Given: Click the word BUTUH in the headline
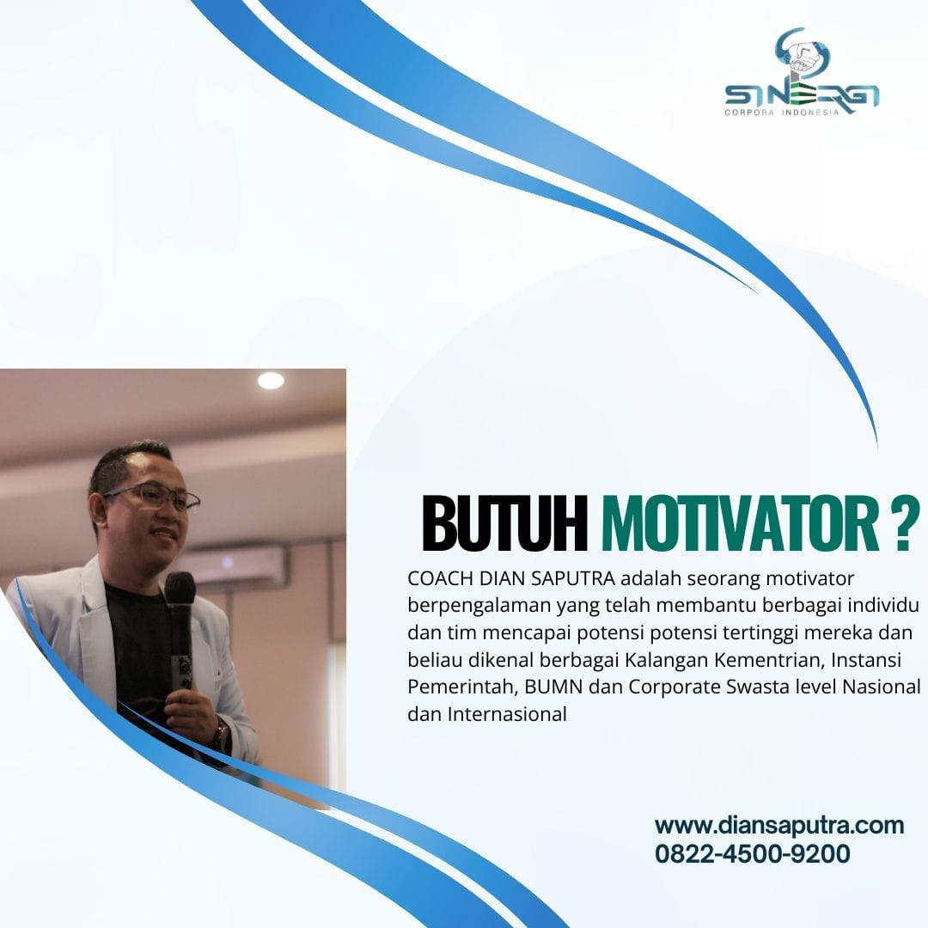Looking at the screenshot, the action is point(504,524).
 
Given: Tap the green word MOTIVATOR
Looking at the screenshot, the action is point(741,524).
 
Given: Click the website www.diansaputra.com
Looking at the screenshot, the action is point(778,825).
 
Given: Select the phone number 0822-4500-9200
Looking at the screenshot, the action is point(752,853).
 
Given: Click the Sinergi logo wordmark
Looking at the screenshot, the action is point(802,95).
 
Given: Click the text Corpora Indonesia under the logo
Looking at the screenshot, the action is point(782,113).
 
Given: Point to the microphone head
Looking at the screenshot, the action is point(180,588).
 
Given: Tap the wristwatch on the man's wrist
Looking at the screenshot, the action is point(222,733).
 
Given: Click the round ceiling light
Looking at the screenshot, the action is point(271,381).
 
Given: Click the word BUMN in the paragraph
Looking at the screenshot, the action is point(553,687).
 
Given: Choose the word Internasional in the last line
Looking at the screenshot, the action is point(507,714).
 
